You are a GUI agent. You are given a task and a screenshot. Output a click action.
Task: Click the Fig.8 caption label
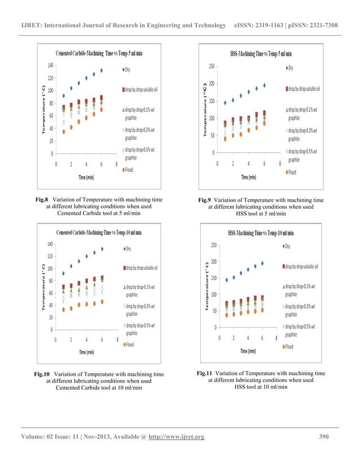point(42,199)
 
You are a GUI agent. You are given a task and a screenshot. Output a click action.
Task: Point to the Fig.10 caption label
point(42,374)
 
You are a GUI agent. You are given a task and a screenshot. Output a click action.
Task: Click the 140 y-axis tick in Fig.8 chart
point(50,65)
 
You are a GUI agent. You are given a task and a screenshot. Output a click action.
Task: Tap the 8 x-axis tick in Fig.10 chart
point(117,340)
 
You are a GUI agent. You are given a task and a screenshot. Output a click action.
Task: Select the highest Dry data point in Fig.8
point(102,71)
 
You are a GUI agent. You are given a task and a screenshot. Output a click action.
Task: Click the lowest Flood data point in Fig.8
point(64,132)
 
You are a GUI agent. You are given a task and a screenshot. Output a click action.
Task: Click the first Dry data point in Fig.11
point(227,280)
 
